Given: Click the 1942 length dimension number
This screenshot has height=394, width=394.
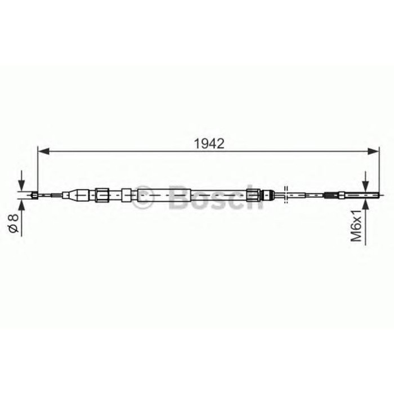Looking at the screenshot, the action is tap(209, 144).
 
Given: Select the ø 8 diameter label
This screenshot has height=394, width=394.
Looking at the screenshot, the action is tap(14, 223).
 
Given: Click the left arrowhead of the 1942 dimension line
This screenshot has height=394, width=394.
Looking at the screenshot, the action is tap(43, 151).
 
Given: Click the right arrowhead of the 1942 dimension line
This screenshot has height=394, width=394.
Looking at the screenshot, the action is tap(373, 151).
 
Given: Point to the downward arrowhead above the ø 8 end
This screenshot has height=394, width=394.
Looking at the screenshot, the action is tap(21, 186).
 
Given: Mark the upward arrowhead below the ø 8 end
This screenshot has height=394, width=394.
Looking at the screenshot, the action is tap(21, 205).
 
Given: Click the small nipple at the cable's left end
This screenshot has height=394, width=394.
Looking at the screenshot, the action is tap(35, 195).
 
